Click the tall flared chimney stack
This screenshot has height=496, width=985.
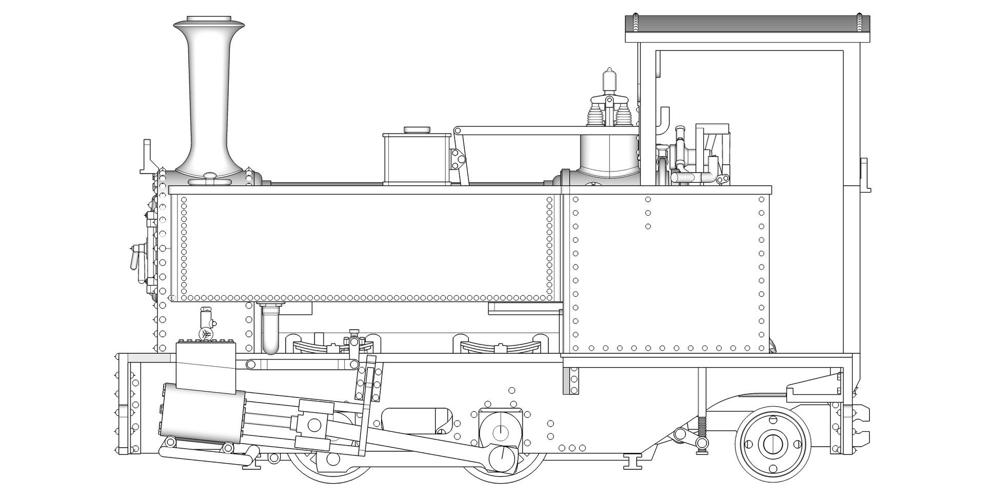(x=208, y=98)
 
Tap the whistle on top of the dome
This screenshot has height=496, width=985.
(x=608, y=79)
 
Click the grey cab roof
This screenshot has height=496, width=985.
(x=748, y=29)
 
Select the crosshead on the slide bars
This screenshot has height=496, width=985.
(x=314, y=425)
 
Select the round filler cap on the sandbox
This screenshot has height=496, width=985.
(x=417, y=130)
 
